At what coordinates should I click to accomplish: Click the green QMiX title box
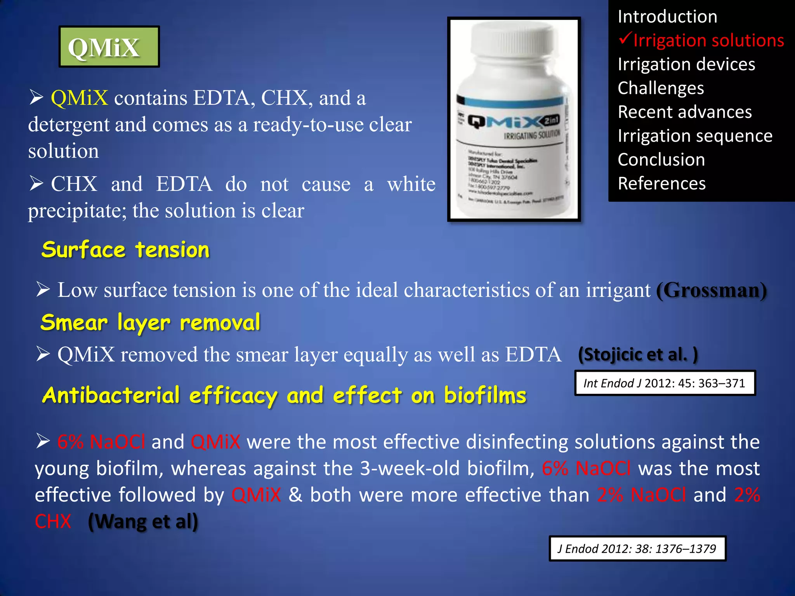click(x=109, y=47)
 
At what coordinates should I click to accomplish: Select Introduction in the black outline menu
click(x=667, y=17)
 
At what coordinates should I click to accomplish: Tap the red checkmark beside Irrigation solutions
click(x=625, y=38)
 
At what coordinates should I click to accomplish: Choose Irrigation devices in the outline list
click(x=686, y=64)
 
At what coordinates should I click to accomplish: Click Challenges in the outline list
click(x=661, y=88)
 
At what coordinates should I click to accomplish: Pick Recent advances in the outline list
click(x=685, y=112)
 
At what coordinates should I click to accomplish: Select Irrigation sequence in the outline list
click(x=695, y=136)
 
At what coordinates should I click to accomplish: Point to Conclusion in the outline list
click(x=661, y=160)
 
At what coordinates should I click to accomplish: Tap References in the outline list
click(x=661, y=184)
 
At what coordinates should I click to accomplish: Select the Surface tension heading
click(x=125, y=249)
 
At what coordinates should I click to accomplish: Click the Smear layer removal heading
click(x=150, y=322)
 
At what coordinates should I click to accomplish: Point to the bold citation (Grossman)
click(x=711, y=290)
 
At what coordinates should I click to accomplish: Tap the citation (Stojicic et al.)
click(x=638, y=354)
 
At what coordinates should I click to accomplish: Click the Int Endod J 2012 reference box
click(x=665, y=383)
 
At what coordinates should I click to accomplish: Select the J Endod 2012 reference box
click(x=637, y=549)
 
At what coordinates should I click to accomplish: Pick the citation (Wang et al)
click(x=143, y=521)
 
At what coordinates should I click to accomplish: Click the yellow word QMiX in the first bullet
click(x=80, y=98)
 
